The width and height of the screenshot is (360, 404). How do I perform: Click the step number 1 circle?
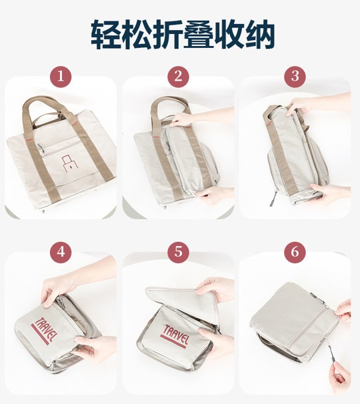pyautogui.click(x=61, y=77)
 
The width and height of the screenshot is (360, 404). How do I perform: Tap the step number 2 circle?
pyautogui.click(x=178, y=77)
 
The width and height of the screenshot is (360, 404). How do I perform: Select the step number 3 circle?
pyautogui.click(x=295, y=77)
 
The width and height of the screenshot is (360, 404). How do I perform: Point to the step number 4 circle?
pyautogui.click(x=61, y=252)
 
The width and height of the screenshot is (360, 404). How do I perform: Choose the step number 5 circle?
pyautogui.click(x=178, y=252)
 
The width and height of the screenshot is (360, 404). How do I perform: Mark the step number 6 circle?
pyautogui.click(x=295, y=252)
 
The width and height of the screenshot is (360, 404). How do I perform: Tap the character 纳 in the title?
pyautogui.click(x=260, y=35)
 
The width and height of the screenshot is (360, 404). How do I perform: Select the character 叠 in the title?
pyautogui.click(x=199, y=35)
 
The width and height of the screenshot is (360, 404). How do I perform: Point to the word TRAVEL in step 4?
pyautogui.click(x=45, y=330)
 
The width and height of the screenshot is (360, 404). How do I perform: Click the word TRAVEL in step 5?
pyautogui.click(x=177, y=335)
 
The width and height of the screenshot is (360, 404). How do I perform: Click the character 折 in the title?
pyautogui.click(x=167, y=35)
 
